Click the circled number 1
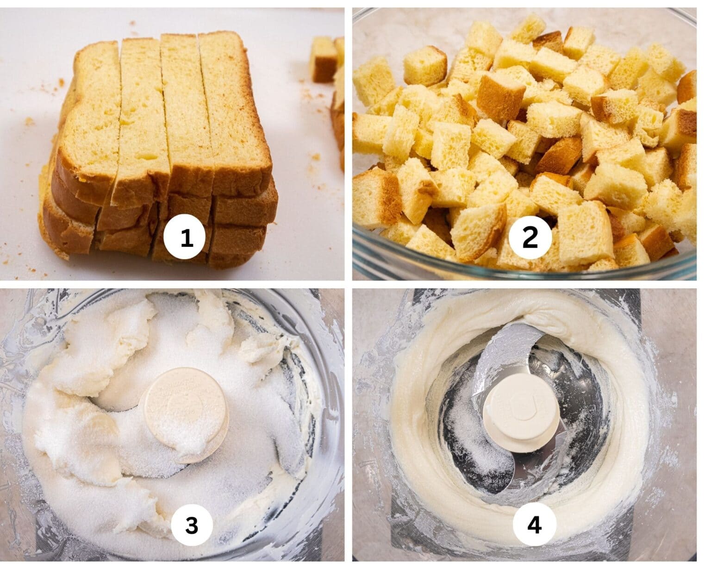coord(186,238)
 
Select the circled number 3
coord(192,525)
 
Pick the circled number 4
coord(534,525)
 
